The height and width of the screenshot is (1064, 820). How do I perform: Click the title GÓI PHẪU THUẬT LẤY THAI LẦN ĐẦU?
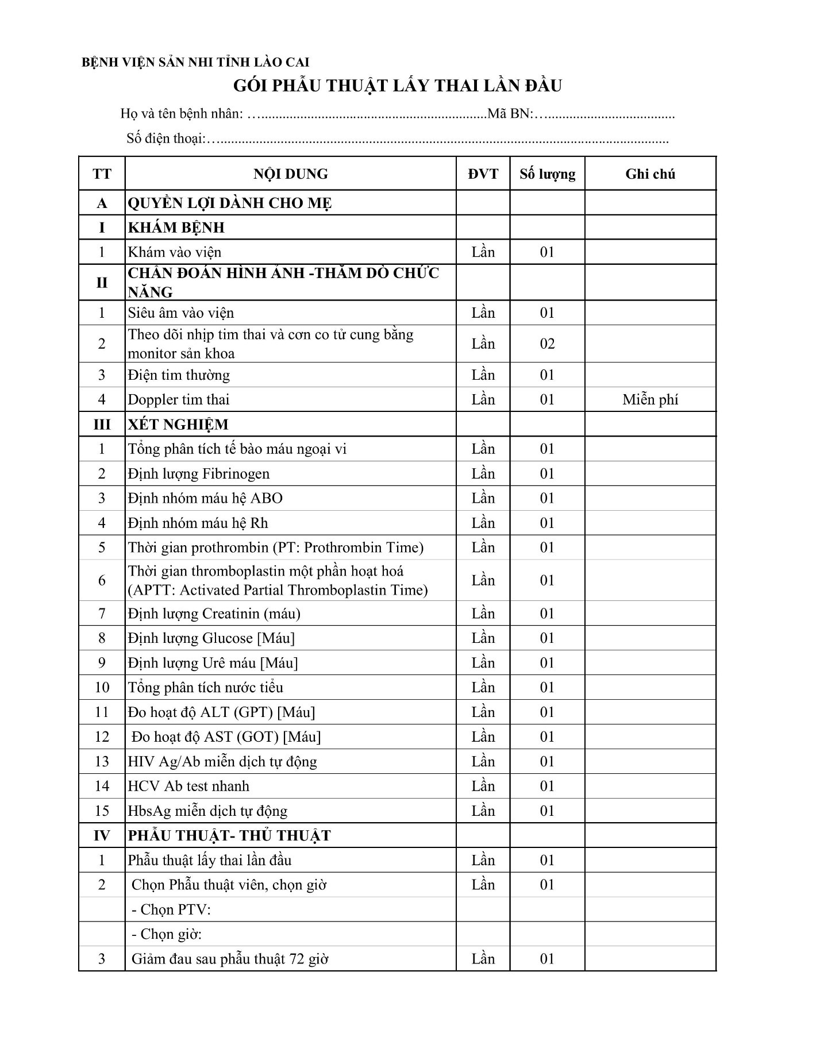coord(398,86)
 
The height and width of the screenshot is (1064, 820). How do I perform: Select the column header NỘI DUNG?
coord(291,174)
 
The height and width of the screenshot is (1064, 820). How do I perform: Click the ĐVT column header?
coord(483,174)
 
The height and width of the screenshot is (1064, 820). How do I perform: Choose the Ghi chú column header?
coord(650,174)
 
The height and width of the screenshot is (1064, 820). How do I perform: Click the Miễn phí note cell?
coord(650,399)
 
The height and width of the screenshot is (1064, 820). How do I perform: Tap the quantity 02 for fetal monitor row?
coord(547,344)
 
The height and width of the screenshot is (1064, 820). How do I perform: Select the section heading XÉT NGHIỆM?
coord(178,425)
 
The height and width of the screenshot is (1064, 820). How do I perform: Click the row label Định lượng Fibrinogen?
coord(199,474)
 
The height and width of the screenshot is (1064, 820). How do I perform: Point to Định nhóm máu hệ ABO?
coord(205,498)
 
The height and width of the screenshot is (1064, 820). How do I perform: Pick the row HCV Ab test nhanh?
coord(188,786)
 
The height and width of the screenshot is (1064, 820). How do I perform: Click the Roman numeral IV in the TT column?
coord(102,835)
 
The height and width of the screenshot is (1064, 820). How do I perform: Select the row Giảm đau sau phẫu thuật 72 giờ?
coord(230,959)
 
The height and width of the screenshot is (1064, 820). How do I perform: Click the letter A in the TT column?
coord(102,203)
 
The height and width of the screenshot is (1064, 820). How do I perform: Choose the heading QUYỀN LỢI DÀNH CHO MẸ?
coord(230,203)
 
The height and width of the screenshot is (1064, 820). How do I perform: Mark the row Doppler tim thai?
coord(178,399)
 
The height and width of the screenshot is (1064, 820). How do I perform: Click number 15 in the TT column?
coord(102,811)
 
